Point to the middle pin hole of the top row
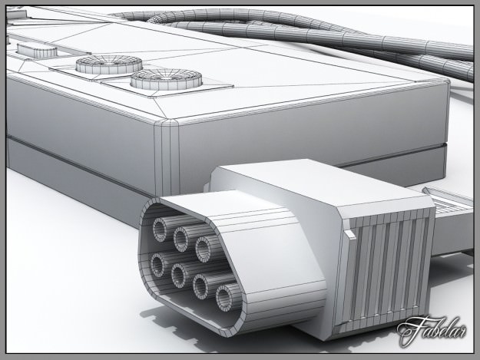tap(183, 236)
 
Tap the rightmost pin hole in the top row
tap(204, 247)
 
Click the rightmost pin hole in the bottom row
tap(228, 296)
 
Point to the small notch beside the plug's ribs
tap(351, 229)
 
